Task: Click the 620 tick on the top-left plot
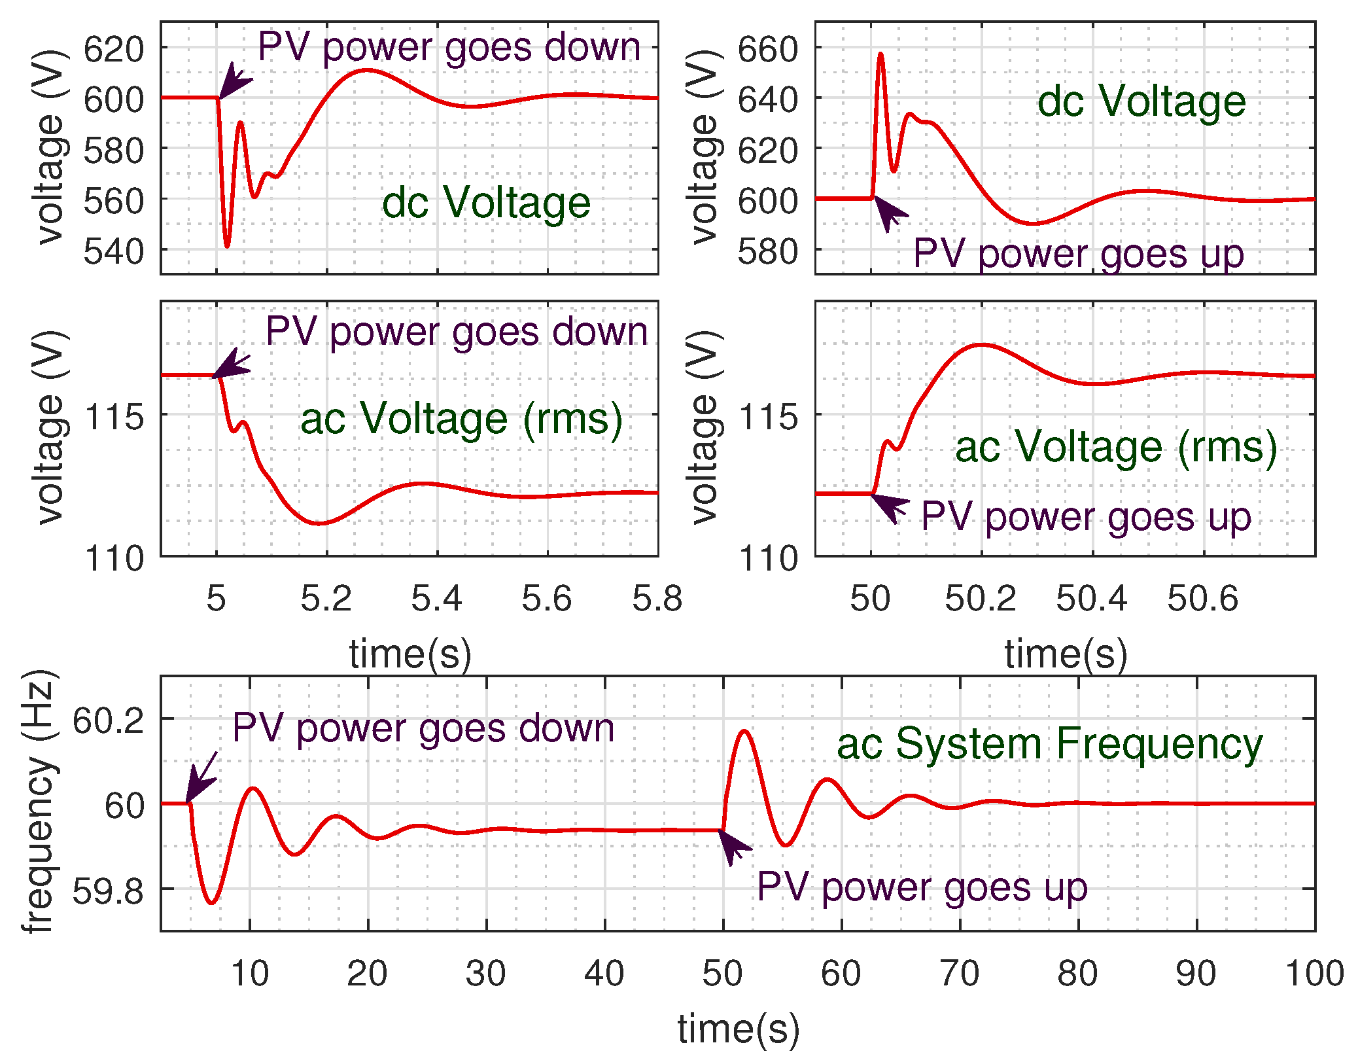pos(113,49)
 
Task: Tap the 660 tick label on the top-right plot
pos(767,49)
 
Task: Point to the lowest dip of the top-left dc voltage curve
pos(227,247)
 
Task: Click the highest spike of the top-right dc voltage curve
pos(880,54)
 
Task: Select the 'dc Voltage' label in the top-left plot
pos(486,202)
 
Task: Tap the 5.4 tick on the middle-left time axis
pos(436,598)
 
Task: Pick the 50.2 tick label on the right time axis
pos(980,598)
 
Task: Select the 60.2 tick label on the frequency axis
pos(107,721)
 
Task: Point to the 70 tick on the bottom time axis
pos(959,973)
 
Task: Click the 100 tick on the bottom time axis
pos(1314,973)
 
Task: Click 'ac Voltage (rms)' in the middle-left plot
pos(461,419)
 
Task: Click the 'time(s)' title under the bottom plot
pos(738,1028)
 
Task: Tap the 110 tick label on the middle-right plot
pos(768,559)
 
